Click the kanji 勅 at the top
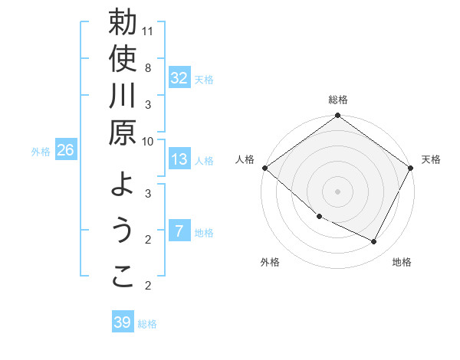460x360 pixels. click(x=123, y=21)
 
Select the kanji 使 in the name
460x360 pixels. click(x=123, y=59)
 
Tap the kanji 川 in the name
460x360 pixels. click(x=122, y=95)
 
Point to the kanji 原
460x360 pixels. click(x=123, y=133)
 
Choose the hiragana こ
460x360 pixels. click(x=123, y=277)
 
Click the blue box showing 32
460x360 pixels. click(x=179, y=77)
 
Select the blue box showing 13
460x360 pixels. click(x=179, y=159)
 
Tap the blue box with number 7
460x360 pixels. click(x=179, y=230)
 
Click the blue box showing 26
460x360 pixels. click(x=66, y=149)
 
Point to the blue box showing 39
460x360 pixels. click(x=123, y=321)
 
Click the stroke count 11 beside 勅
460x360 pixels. click(x=147, y=31)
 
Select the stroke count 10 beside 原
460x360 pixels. click(x=147, y=142)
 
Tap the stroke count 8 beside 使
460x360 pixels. click(x=148, y=68)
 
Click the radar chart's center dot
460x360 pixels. click(x=337, y=191)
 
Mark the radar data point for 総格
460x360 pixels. click(x=337, y=115)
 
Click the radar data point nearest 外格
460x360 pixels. click(x=320, y=217)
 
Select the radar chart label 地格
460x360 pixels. click(x=402, y=262)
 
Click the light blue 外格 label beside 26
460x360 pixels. click(x=41, y=152)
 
